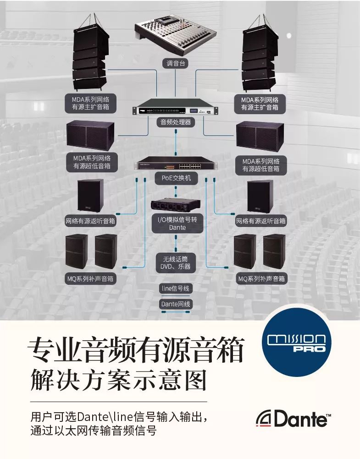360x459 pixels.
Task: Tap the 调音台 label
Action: [176, 63]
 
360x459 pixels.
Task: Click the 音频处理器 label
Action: [176, 122]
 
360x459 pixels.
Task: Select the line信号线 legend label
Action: [175, 288]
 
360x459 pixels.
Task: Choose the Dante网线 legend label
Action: [176, 304]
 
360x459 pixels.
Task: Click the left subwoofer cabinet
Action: [89, 136]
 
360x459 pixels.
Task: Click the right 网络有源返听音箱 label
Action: [261, 221]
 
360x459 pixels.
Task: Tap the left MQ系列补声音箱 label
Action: [90, 278]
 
